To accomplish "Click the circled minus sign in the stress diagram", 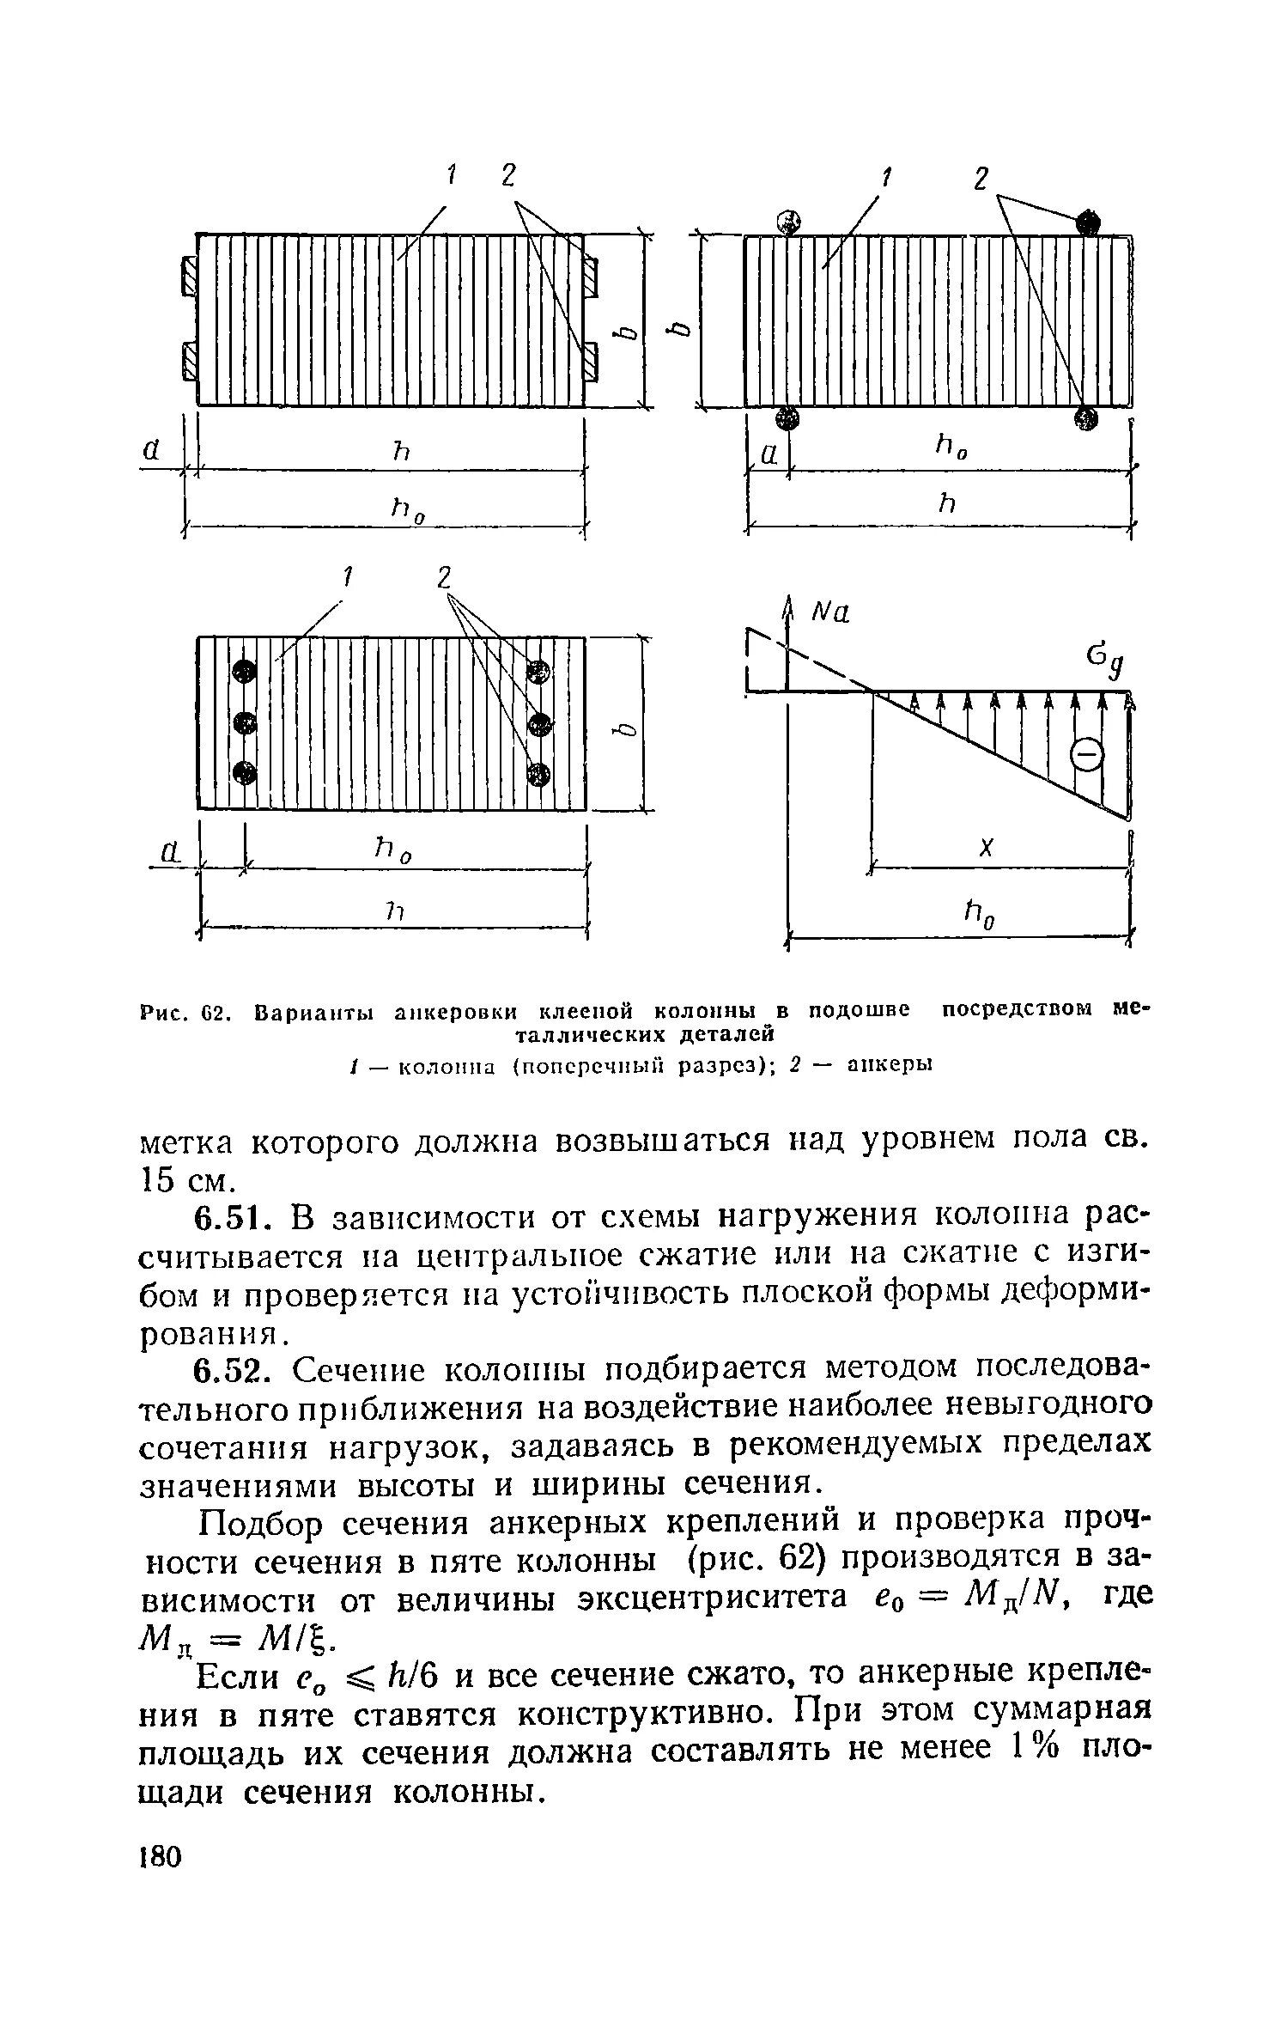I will pos(1087,756).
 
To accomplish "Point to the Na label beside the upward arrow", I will pos(830,613).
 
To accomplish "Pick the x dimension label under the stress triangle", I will pos(987,848).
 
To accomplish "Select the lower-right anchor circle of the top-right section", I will pos(1086,418).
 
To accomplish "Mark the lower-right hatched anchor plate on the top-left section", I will pos(591,361).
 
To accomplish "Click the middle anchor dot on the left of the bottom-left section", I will pos(245,722).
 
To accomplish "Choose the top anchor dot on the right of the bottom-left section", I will pos(538,671).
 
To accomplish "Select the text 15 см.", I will pos(185,1181).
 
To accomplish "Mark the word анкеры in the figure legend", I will pos(890,1065).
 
